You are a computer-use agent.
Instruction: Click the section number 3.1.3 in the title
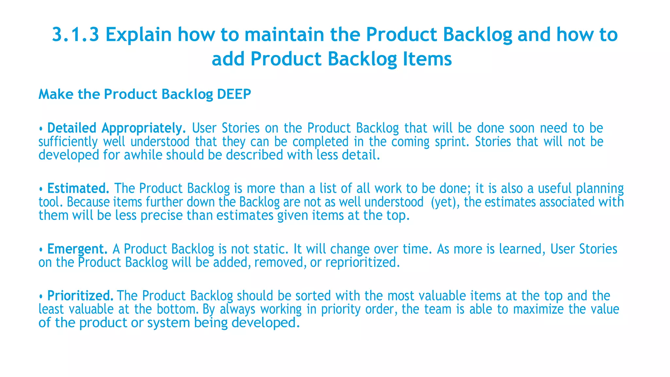[x=76, y=35]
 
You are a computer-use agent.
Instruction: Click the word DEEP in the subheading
[x=234, y=94]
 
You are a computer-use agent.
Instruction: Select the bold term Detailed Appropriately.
[x=116, y=128]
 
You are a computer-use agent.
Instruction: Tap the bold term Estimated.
[x=78, y=188]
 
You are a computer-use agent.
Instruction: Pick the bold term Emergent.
[x=77, y=249]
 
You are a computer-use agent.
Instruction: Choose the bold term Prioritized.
[x=80, y=296]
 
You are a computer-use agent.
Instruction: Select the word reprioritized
[x=362, y=262]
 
